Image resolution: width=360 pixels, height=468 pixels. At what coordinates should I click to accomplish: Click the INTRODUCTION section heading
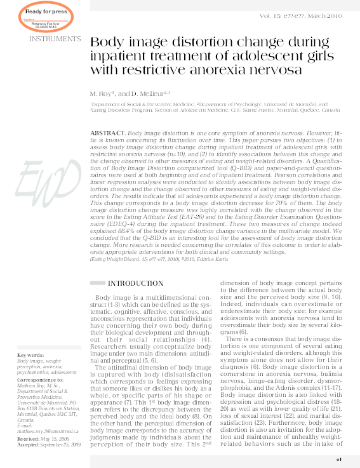[x=136, y=283]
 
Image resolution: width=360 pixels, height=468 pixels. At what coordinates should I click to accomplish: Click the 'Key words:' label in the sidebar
[x=30, y=355]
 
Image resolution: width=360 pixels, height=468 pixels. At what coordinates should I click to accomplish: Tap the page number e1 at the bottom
[x=339, y=459]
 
